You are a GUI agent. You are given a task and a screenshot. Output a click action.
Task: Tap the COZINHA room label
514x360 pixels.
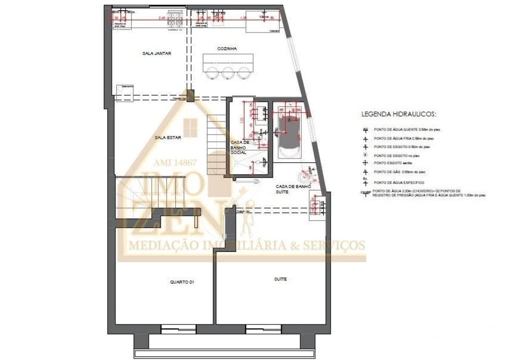[227, 48]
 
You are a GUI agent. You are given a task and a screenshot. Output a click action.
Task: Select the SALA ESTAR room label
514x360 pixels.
[168, 136]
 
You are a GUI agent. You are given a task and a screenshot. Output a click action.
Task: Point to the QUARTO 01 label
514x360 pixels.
[182, 282]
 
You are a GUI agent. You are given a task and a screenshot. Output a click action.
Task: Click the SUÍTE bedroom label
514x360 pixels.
[281, 279]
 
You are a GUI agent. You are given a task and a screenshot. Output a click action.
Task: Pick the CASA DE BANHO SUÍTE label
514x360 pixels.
[293, 189]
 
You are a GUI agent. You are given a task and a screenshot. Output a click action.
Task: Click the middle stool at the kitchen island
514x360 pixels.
[228, 73]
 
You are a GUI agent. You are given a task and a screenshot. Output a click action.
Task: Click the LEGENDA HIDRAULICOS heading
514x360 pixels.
[399, 114]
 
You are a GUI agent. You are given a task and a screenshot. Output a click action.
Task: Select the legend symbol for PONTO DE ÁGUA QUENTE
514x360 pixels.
[366, 129]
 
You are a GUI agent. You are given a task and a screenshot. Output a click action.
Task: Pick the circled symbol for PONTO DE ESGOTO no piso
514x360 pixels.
[366, 155]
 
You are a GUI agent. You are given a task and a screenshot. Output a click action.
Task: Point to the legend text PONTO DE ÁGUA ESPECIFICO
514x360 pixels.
[399, 182]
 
